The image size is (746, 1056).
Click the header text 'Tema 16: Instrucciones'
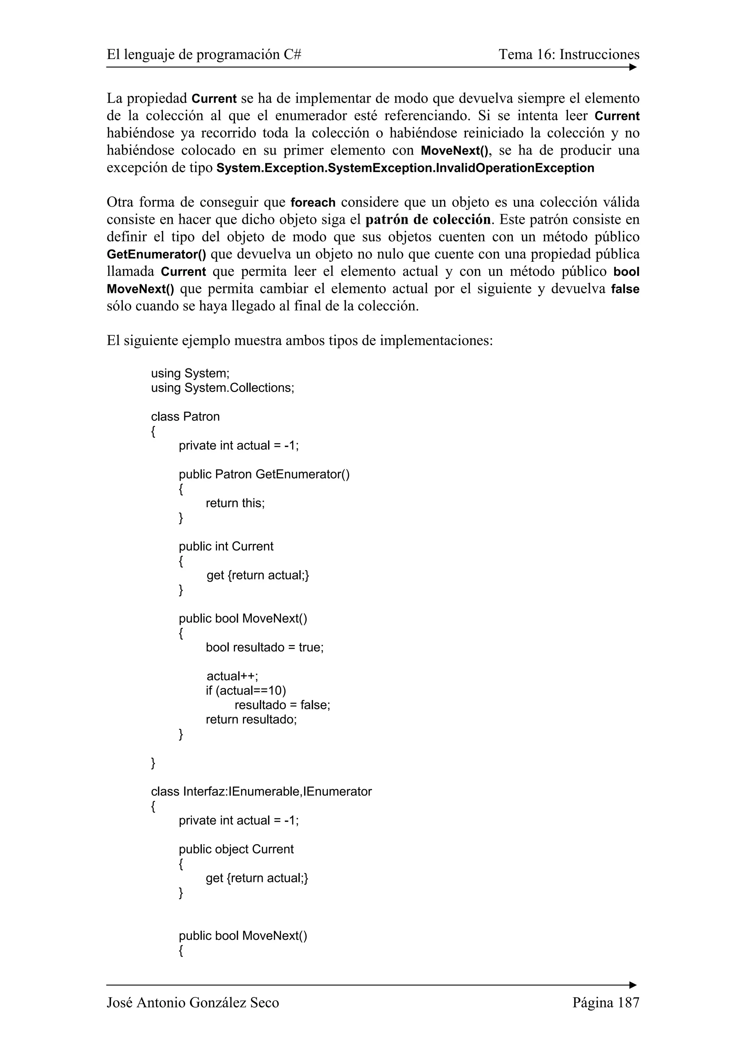pyautogui.click(x=569, y=55)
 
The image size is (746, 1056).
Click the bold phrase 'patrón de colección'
pyautogui.click(x=428, y=219)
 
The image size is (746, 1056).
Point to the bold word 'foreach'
pyautogui.click(x=313, y=202)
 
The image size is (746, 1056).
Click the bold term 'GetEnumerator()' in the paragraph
pyautogui.click(x=156, y=254)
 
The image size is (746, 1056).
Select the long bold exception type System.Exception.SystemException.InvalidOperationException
pyautogui.click(x=405, y=168)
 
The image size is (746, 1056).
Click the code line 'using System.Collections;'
pyautogui.click(x=223, y=388)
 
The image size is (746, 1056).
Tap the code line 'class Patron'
pyautogui.click(x=185, y=417)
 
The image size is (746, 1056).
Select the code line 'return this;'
pyautogui.click(x=235, y=503)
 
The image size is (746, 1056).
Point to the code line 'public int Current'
pyautogui.click(x=226, y=546)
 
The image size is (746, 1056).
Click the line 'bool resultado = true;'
pyautogui.click(x=264, y=647)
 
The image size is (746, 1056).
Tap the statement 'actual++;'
pyautogui.click(x=232, y=676)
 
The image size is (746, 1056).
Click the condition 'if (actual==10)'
pyautogui.click(x=246, y=691)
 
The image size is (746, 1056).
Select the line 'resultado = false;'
pyautogui.click(x=282, y=705)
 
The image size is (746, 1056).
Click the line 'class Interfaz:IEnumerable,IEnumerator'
pyautogui.click(x=261, y=791)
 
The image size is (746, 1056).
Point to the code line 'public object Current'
pyautogui.click(x=236, y=849)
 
